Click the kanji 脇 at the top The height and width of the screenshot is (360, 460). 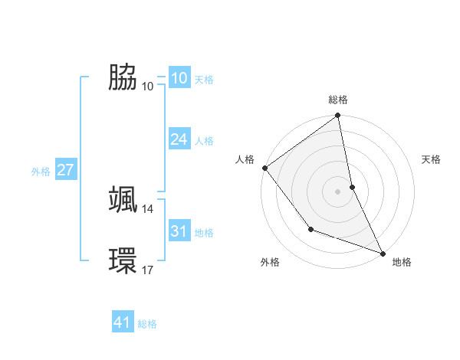(123, 77)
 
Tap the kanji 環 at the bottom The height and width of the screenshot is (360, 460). (123, 260)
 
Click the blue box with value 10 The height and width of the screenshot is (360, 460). (179, 78)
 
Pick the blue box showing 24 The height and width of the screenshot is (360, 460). (179, 139)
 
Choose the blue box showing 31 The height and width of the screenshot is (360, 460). (179, 231)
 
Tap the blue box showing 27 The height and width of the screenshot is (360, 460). (65, 170)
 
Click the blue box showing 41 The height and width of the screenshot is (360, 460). (123, 322)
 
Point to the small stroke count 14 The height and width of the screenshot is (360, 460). (148, 208)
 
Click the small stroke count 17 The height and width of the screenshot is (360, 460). (148, 270)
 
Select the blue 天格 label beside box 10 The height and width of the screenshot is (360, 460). (204, 80)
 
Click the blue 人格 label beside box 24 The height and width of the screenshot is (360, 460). (204, 141)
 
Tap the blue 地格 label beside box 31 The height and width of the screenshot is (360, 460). (204, 233)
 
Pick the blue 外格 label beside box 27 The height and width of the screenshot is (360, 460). (41, 172)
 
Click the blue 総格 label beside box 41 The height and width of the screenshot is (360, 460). (147, 324)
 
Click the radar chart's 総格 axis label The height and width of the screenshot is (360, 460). (338, 100)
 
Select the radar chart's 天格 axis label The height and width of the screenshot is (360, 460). (432, 159)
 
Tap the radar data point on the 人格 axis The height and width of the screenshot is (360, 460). (264, 168)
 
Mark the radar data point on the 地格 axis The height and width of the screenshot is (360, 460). (383, 253)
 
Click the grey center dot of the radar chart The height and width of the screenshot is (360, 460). (337, 191)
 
